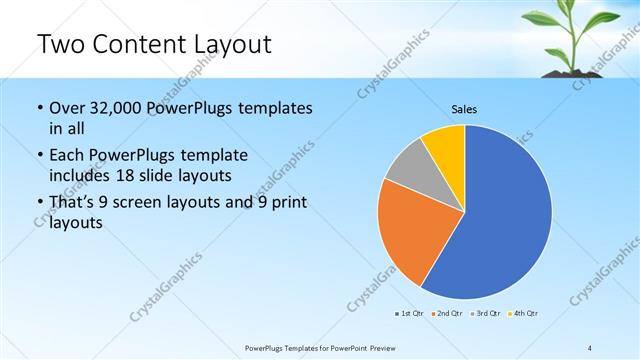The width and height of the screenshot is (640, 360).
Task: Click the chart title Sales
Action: [x=464, y=108]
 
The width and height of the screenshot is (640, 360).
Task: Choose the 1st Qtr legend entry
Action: [x=408, y=313]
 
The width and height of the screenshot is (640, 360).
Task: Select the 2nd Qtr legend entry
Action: [x=446, y=313]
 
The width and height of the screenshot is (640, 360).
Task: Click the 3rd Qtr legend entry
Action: [x=485, y=313]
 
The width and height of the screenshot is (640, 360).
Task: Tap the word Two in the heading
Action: [x=60, y=45]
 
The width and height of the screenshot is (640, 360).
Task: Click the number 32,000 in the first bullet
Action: [x=116, y=108]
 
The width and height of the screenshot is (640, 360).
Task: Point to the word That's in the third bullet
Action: [x=74, y=203]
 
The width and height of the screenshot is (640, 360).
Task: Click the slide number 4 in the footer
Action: [x=590, y=346]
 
